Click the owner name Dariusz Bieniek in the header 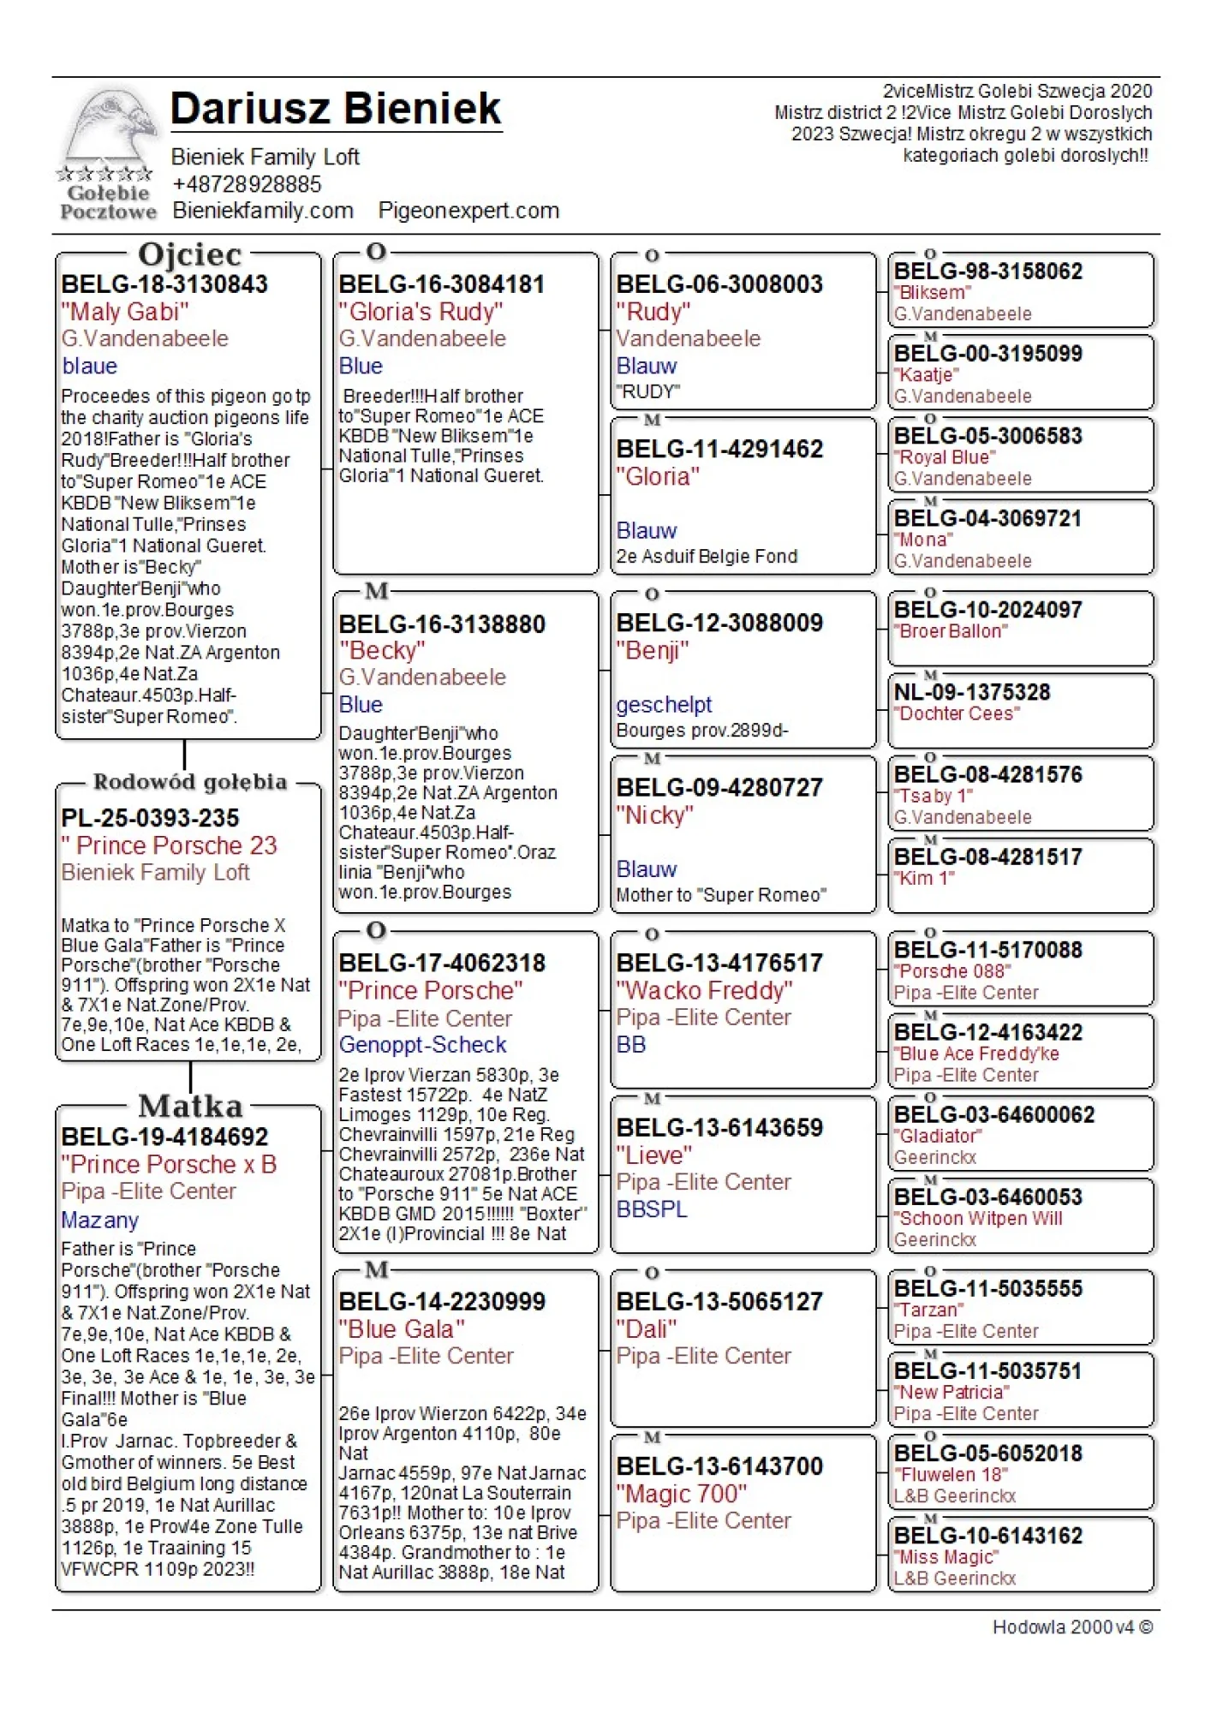point(335,109)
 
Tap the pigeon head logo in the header point(110,128)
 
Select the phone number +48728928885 point(247,184)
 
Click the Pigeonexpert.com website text point(468,211)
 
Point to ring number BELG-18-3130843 point(164,284)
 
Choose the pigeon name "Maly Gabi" point(125,312)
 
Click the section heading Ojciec point(190,254)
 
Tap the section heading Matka point(190,1106)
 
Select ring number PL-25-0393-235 point(150,818)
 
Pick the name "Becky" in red point(381,651)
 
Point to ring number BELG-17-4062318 point(442,963)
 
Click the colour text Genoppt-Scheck point(422,1045)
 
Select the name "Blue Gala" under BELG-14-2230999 point(402,1329)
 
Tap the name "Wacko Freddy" point(704,991)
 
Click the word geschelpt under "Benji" point(664,705)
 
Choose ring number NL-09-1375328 point(972,692)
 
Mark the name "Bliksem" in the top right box point(933,293)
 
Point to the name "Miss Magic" point(946,1557)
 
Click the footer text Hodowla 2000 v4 point(1071,1627)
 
